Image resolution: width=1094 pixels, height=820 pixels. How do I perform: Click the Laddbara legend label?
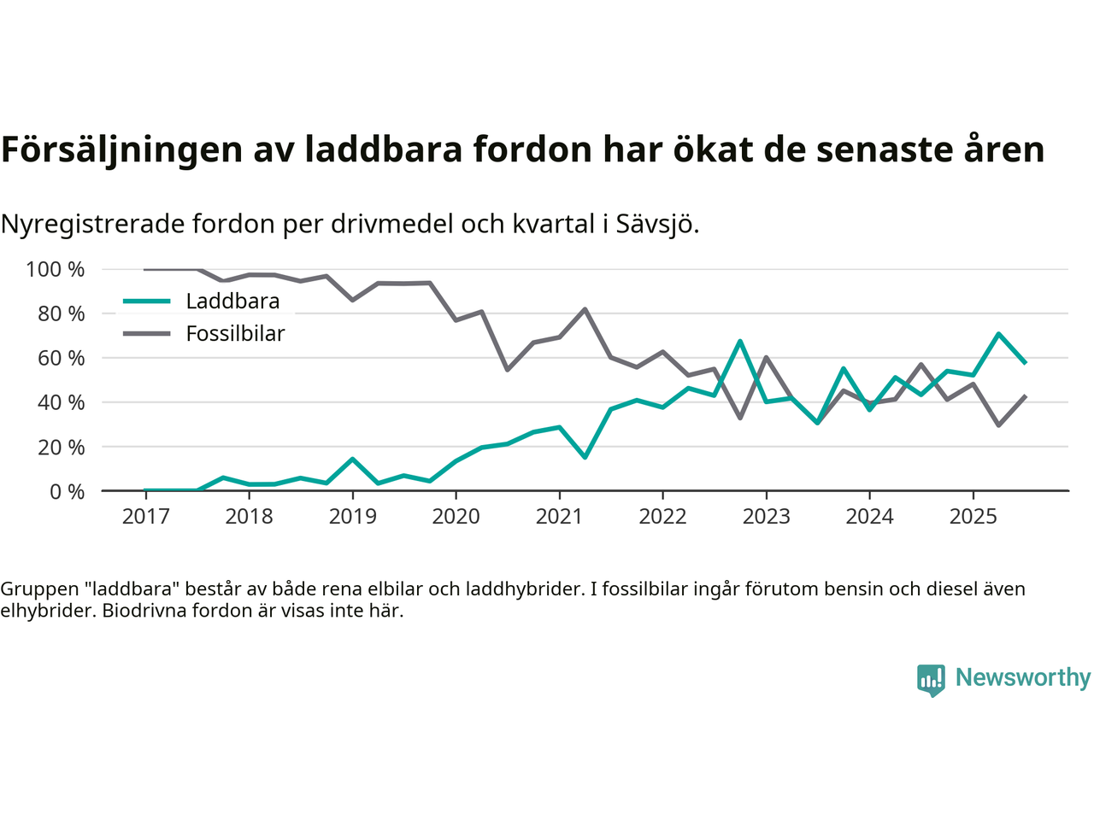point(232,302)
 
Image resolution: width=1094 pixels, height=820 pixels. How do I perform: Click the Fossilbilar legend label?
point(235,334)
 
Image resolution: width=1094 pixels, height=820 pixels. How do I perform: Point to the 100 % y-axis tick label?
point(56,270)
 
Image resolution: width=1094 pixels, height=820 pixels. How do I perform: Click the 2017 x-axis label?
point(145,517)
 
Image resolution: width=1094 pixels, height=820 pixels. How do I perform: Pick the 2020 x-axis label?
point(456,517)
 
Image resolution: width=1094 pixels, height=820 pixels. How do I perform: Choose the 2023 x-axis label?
point(766,517)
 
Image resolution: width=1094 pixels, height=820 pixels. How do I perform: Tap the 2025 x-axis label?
point(973,517)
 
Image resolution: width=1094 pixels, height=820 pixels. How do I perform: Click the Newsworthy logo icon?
point(931,680)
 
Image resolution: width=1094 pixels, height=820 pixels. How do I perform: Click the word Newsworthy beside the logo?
point(1023,678)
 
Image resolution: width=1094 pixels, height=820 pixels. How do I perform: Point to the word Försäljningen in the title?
point(121,150)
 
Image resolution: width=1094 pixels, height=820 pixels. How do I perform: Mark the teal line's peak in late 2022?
point(740,342)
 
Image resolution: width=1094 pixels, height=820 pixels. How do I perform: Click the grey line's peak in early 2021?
point(585,309)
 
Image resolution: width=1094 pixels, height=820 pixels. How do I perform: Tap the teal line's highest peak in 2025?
point(998,334)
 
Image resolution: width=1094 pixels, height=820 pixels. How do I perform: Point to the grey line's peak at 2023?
point(766,357)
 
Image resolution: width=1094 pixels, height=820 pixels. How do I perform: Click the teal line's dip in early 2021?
point(585,457)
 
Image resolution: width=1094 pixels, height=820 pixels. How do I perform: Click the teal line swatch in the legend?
point(147,302)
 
